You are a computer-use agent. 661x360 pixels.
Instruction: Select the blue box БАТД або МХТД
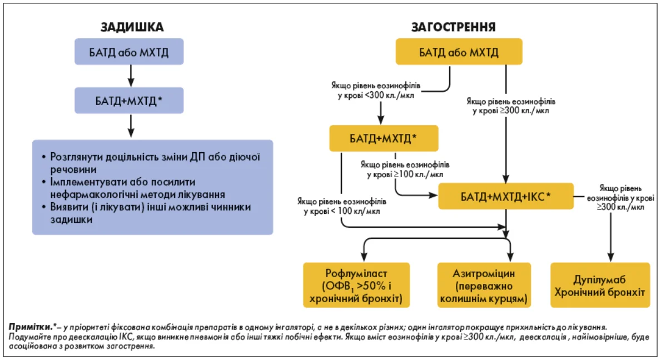[129, 53]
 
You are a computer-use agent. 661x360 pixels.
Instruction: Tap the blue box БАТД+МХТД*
[129, 101]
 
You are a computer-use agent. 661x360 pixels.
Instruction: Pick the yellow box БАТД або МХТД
[459, 53]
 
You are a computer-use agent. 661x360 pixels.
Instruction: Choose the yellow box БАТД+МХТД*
[384, 138]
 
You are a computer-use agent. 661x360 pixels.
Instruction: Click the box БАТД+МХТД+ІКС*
[506, 196]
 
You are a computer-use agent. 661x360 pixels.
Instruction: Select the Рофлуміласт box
[356, 285]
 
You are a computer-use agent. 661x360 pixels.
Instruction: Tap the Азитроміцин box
[481, 285]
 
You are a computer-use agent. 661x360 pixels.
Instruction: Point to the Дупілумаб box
[600, 285]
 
